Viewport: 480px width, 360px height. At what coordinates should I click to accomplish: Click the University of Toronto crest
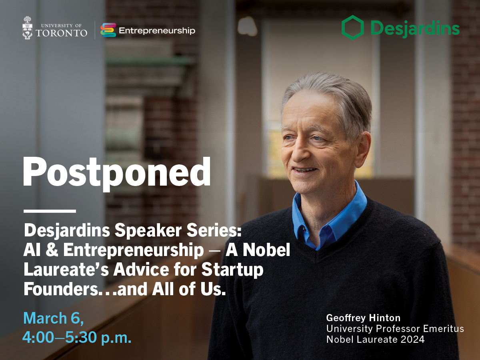[x=28, y=28]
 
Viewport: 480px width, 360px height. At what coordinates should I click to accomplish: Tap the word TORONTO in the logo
[x=62, y=33]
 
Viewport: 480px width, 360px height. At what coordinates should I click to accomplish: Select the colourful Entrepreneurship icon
[x=108, y=30]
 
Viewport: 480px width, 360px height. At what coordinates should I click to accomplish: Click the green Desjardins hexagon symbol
[x=352, y=28]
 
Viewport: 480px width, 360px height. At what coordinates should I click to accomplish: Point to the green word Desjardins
[x=415, y=29]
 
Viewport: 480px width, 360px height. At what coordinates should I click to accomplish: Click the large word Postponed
[x=117, y=174]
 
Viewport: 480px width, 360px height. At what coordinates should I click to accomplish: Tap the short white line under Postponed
[x=50, y=211]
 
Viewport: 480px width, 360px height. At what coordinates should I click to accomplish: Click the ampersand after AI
[x=52, y=250]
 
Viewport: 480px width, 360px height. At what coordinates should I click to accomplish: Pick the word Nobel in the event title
[x=266, y=250]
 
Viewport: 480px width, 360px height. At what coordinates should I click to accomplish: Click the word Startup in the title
[x=232, y=270]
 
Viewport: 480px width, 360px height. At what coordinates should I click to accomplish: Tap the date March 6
[x=53, y=318]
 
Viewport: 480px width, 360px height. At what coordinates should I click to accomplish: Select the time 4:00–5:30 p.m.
[x=77, y=337]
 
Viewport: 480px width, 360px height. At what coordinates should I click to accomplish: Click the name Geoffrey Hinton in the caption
[x=363, y=318]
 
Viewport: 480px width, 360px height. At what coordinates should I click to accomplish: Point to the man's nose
[x=301, y=151]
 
